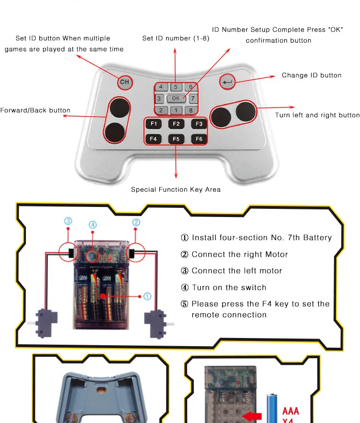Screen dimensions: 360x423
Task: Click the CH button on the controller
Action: tap(125, 82)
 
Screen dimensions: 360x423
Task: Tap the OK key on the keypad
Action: tap(176, 98)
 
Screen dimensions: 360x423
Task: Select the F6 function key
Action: tap(199, 139)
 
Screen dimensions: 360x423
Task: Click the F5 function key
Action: tap(176, 139)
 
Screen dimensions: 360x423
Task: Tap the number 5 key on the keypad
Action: tap(176, 87)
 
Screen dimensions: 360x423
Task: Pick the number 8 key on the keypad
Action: tap(191, 110)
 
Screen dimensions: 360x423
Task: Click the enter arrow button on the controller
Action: tap(228, 82)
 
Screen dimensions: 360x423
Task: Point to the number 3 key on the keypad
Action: tap(159, 98)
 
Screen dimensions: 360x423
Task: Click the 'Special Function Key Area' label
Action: tap(176, 189)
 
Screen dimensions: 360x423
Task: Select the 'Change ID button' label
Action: tap(312, 75)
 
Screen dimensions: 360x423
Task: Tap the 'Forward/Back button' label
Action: tap(35, 110)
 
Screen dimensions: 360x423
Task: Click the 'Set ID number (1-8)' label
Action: tap(176, 38)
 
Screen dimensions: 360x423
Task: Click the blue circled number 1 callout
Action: tap(147, 296)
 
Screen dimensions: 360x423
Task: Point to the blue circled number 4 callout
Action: tap(93, 225)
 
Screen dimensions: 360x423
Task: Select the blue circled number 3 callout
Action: tap(68, 221)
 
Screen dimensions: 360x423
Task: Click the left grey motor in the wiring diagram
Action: tap(45, 323)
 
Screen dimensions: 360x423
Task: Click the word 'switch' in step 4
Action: tap(253, 287)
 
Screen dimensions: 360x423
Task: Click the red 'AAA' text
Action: tap(290, 411)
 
